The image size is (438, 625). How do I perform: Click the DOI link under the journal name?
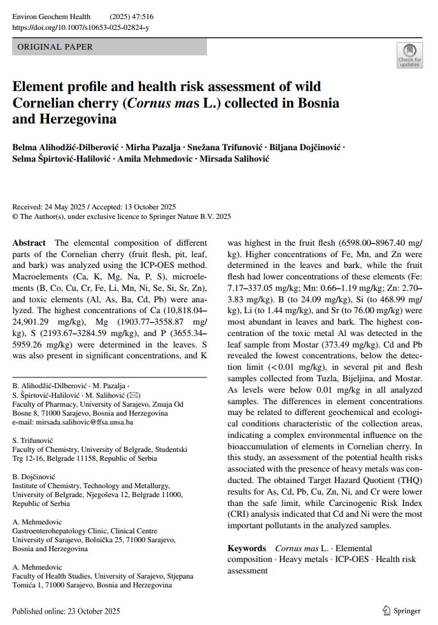[81, 27]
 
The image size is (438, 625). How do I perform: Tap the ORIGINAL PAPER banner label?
[55, 47]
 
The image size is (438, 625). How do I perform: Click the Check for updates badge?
[409, 55]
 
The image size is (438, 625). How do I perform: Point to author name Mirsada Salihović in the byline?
[234, 158]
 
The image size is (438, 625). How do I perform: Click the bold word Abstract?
[29, 243]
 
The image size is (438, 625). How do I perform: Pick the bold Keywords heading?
[246, 548]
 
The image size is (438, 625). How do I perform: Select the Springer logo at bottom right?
[402, 611]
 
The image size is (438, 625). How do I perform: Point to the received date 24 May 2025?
[62, 207]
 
